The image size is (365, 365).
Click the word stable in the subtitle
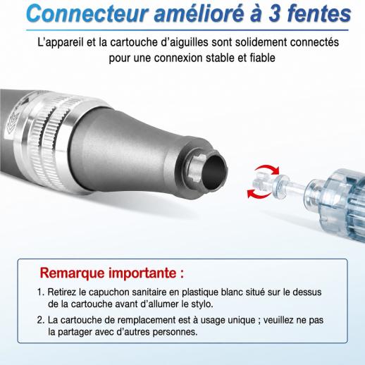[x=220, y=58]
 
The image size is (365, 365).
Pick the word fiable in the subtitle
[x=262, y=58]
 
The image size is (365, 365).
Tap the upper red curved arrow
[x=268, y=170]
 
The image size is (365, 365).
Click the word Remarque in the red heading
[x=72, y=273]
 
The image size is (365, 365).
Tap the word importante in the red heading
[x=142, y=273]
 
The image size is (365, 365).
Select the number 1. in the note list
[x=41, y=292]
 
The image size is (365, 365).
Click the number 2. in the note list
[x=41, y=320]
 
